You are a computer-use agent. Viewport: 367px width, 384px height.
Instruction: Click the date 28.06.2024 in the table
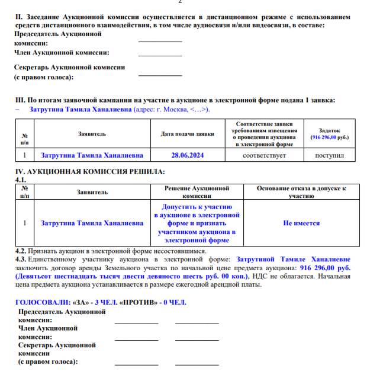[188, 155]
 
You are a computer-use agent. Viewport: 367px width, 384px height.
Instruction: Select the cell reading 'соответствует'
[264, 155]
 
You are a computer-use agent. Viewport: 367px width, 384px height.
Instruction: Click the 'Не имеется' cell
[301, 223]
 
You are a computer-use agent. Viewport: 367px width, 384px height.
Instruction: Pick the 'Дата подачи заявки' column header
[188, 134]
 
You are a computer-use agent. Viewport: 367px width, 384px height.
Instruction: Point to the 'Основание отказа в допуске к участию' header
[301, 191]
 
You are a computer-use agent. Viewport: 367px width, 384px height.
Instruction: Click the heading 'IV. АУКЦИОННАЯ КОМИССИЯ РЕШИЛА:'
[89, 172]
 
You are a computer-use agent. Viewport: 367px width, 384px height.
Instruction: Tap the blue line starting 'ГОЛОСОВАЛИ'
[100, 302]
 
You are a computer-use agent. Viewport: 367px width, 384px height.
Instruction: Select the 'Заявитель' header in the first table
[92, 134]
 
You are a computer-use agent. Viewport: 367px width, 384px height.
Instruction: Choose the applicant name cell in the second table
[92, 223]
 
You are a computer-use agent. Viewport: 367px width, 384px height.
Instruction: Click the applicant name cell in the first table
[92, 155]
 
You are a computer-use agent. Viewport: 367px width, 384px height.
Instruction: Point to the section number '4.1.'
[21, 179]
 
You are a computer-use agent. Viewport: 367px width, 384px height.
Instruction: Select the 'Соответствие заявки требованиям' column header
[264, 134]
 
